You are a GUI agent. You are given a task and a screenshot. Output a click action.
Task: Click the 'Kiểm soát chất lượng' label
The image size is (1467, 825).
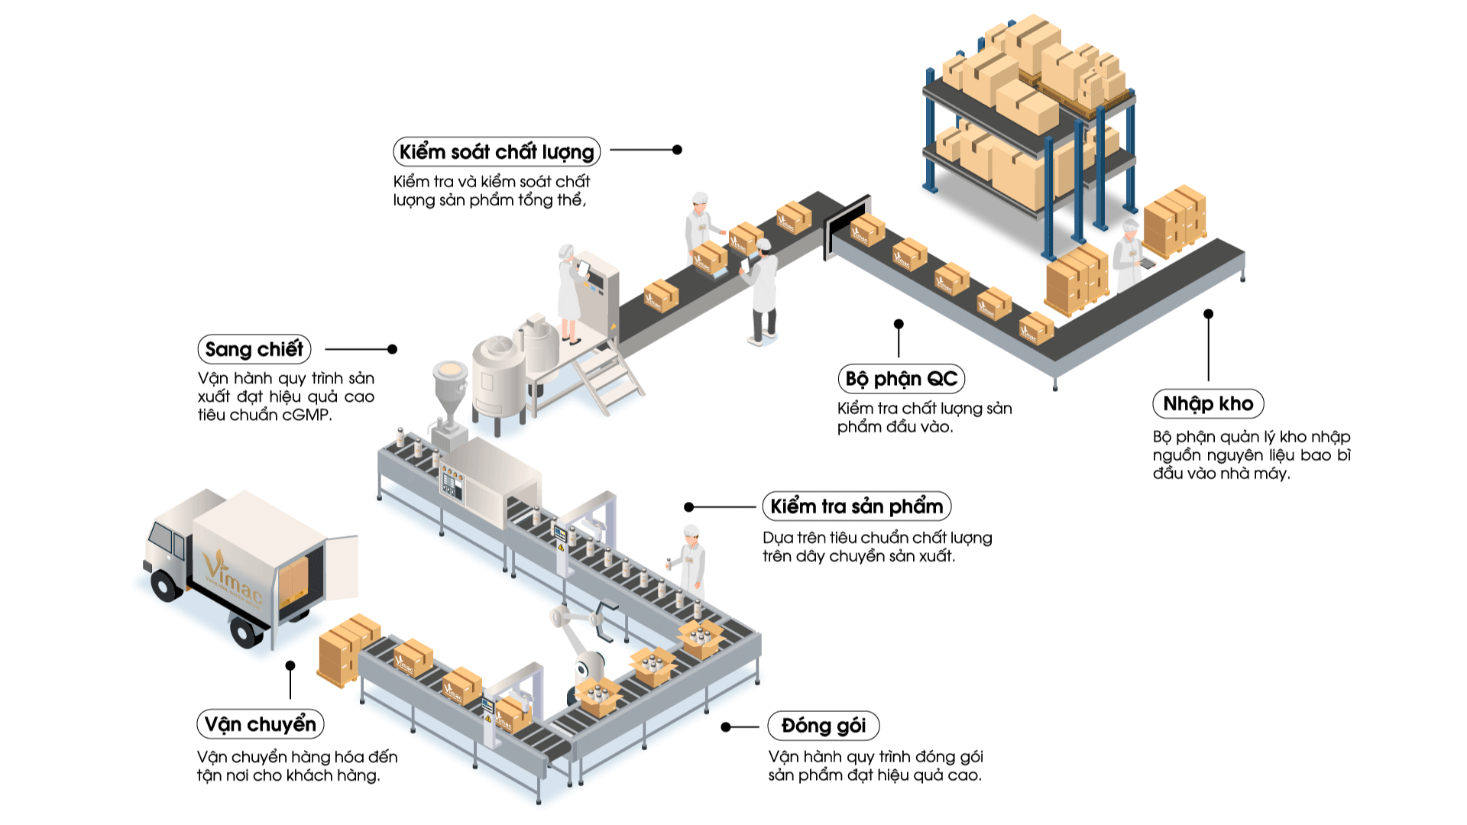(x=497, y=151)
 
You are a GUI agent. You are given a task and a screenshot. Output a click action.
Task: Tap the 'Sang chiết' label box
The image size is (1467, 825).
(x=254, y=349)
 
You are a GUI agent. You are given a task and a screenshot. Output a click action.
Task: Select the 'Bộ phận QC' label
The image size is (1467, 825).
(x=901, y=379)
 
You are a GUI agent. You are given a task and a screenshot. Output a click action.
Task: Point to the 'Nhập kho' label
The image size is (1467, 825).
(x=1208, y=403)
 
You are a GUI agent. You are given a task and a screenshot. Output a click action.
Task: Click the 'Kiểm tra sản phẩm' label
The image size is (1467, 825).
(x=856, y=506)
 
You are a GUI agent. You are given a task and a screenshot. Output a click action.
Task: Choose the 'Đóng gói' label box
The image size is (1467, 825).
(x=823, y=726)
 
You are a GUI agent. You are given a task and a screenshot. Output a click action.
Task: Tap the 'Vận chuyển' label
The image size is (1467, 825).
(x=260, y=724)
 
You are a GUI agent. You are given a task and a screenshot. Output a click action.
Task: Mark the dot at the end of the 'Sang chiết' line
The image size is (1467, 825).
(x=392, y=349)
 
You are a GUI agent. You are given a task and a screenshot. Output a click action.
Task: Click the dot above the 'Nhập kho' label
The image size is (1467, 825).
(x=1208, y=314)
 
